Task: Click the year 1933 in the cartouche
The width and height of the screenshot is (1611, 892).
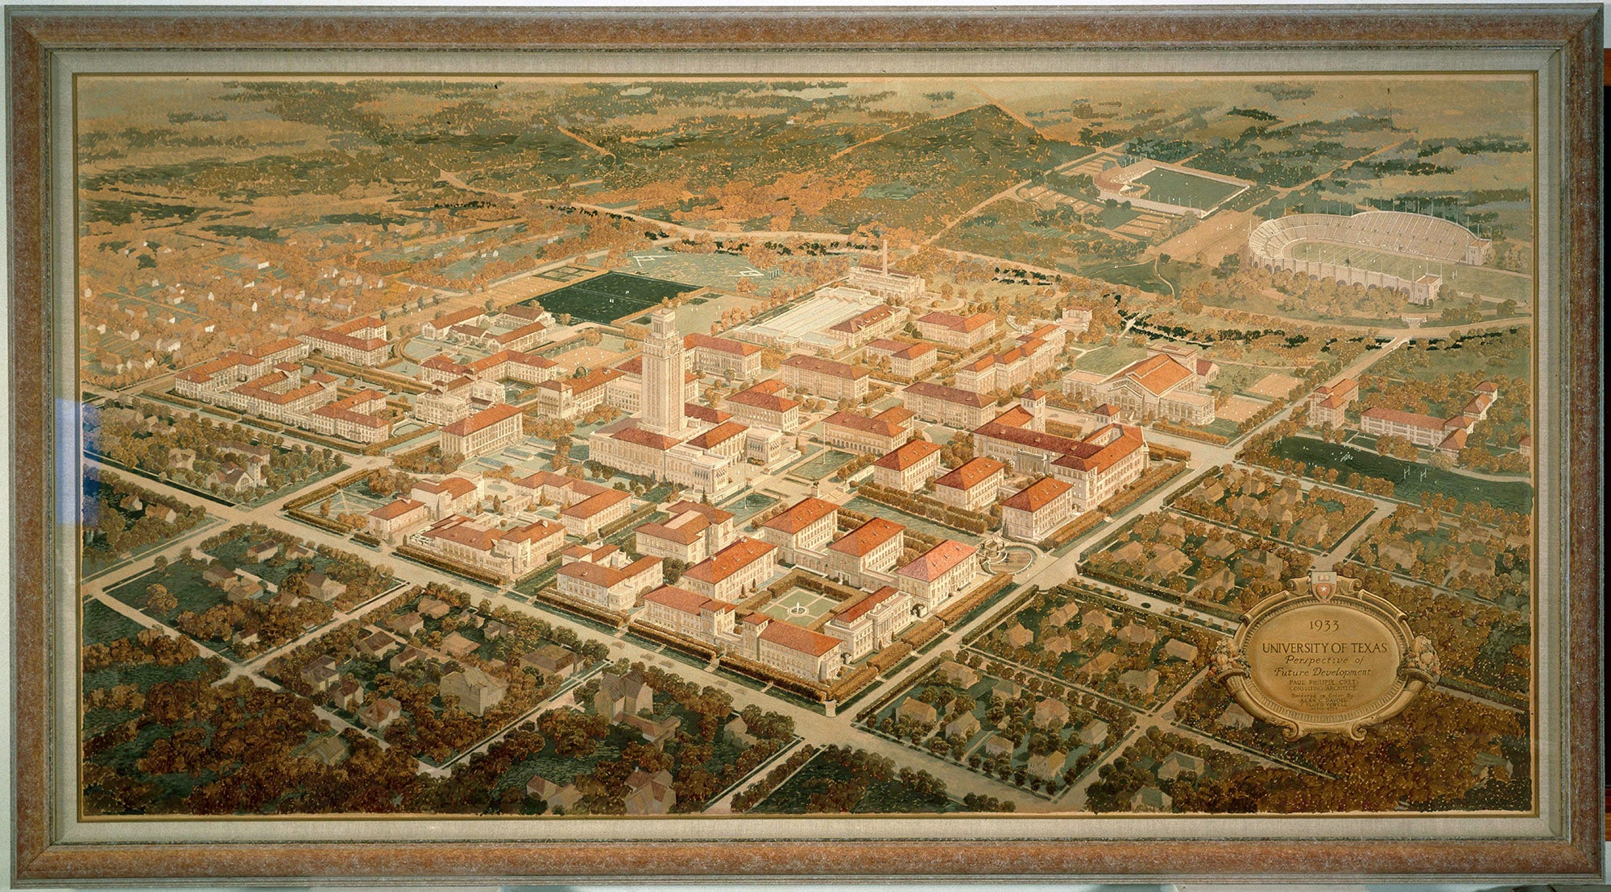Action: pyautogui.click(x=1323, y=624)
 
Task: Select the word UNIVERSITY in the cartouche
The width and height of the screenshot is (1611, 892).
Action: pyautogui.click(x=1305, y=647)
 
